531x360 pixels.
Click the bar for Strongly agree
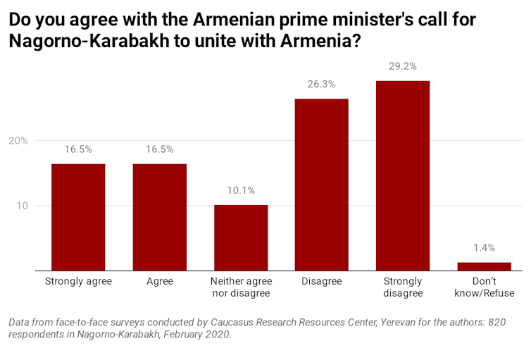click(78, 217)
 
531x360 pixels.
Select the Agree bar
click(160, 217)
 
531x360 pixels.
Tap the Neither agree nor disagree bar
click(241, 237)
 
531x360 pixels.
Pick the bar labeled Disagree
click(321, 185)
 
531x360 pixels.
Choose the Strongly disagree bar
click(403, 175)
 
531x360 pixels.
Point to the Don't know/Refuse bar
click(484, 266)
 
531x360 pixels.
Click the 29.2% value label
click(403, 67)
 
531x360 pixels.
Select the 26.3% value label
click(321, 85)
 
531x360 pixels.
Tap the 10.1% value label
click(241, 190)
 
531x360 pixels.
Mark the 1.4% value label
click(484, 248)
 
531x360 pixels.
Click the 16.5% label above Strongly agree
click(78, 149)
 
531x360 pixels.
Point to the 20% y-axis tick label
click(18, 141)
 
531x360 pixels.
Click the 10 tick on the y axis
click(22, 206)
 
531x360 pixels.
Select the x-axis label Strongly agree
click(78, 282)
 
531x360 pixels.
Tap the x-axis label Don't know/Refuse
click(484, 287)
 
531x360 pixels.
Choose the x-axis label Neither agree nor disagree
click(241, 287)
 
